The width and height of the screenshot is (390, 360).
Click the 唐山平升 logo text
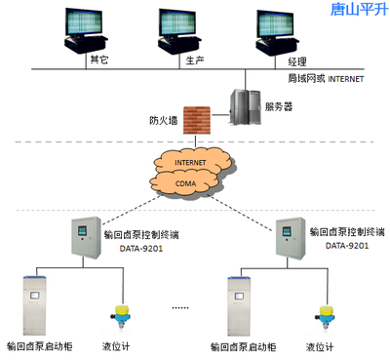(x=357, y=11)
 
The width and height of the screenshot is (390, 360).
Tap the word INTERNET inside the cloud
(x=193, y=161)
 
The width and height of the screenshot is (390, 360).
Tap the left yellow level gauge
(x=124, y=315)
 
